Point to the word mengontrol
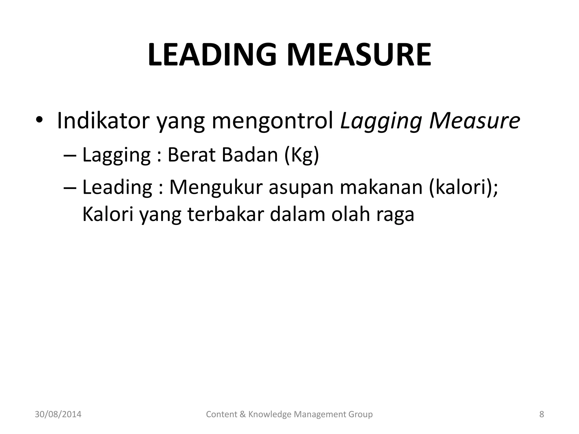point(273,121)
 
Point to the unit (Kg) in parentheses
point(302,155)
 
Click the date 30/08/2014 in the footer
point(58,414)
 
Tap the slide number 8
point(542,414)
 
